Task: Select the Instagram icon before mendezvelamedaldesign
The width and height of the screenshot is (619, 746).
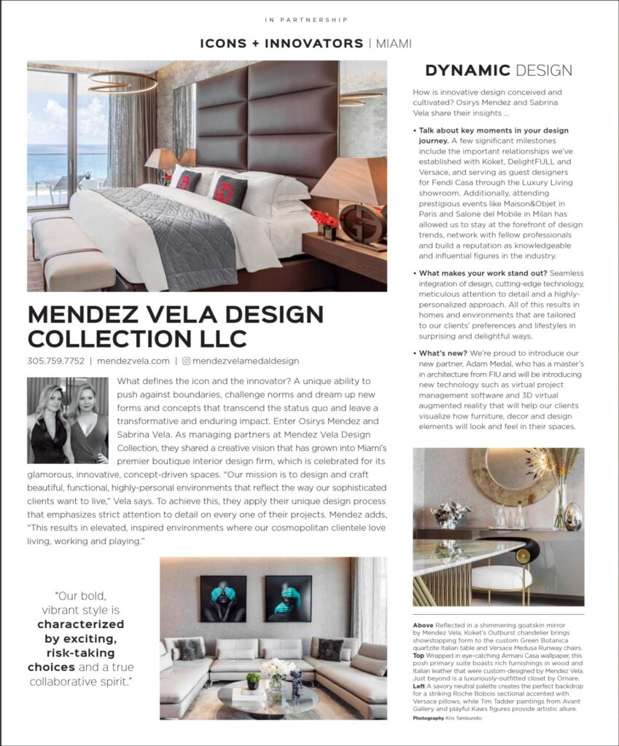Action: (186, 361)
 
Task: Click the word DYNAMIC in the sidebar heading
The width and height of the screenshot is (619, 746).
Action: (467, 71)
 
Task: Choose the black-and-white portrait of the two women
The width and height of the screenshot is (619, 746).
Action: (68, 420)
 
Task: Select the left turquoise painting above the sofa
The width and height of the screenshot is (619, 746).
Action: (223, 598)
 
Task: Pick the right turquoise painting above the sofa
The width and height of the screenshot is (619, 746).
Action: (287, 598)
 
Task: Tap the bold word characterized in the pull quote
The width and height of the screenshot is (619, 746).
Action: (80, 624)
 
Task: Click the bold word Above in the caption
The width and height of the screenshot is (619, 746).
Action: (422, 625)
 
